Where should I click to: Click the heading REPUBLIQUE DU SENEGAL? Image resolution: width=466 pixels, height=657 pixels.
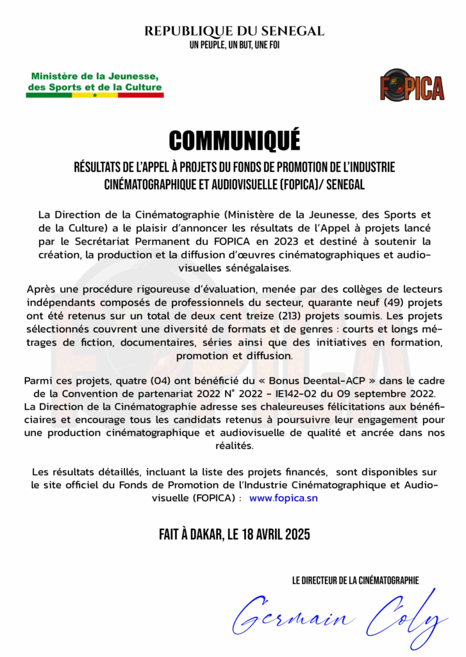click(x=234, y=31)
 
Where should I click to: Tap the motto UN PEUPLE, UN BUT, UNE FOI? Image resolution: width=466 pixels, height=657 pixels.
click(x=234, y=45)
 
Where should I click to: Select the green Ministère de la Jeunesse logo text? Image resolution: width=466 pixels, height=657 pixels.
click(x=95, y=81)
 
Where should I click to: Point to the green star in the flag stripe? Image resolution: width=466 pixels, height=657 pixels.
click(x=95, y=95)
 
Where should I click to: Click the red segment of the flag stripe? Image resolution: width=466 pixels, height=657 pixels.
click(x=140, y=95)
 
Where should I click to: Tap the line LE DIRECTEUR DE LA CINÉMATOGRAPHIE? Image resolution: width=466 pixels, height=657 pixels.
click(x=355, y=581)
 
